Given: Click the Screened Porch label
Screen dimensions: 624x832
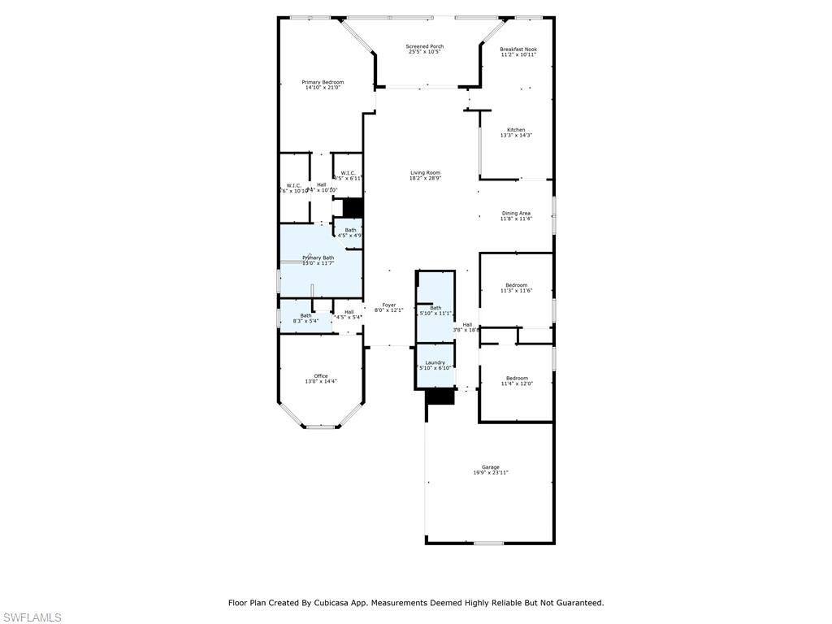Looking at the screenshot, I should (x=424, y=50).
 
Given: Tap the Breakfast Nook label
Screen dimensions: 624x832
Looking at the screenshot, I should (x=518, y=52).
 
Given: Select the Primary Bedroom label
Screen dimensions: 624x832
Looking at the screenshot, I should (x=323, y=85).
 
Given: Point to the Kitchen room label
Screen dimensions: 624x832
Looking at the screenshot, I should (x=516, y=132).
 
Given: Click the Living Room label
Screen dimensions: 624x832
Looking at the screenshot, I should (x=425, y=175).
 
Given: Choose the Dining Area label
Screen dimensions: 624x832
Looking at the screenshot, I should (x=516, y=216).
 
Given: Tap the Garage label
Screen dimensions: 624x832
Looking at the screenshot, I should (x=490, y=470).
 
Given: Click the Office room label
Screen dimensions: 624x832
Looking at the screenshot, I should (x=321, y=379).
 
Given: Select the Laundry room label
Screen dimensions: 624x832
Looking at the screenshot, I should (x=435, y=365).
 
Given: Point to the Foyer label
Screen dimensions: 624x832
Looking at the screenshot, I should (x=389, y=307).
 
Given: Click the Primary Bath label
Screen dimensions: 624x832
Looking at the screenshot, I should (x=318, y=260).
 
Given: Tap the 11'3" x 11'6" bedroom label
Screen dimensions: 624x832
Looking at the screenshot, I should (x=516, y=288).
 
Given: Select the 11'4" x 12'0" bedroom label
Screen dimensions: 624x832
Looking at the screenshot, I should (x=516, y=380).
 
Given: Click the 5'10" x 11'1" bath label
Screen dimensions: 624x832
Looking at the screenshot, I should (x=435, y=310).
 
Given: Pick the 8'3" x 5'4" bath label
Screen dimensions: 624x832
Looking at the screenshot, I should (x=305, y=318).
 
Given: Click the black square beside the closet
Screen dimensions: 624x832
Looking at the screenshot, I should (x=352, y=207).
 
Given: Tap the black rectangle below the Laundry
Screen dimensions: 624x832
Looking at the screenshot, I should (x=440, y=396).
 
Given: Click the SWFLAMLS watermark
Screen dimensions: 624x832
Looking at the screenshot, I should (x=32, y=617).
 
